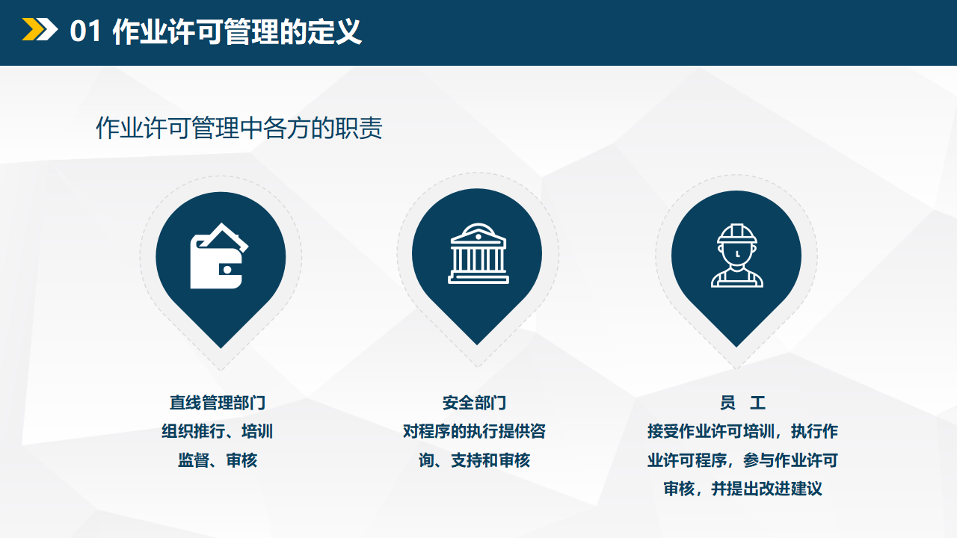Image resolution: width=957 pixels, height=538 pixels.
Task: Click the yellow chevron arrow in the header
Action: [30, 29]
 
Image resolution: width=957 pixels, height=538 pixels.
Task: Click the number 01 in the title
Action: [85, 31]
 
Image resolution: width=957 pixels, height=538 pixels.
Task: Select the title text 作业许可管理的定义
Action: [237, 31]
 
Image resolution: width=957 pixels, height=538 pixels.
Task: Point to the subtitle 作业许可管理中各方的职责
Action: [239, 128]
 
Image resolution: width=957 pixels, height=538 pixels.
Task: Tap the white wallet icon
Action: [219, 256]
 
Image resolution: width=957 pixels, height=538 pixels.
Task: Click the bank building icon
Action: [478, 253]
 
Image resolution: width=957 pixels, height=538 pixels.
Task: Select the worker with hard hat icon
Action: [737, 256]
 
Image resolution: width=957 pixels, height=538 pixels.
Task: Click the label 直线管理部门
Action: [218, 403]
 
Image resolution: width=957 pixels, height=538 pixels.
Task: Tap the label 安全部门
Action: [474, 403]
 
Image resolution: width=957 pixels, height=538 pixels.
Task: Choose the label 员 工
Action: [742, 403]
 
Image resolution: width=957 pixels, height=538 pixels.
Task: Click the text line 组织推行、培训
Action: [217, 431]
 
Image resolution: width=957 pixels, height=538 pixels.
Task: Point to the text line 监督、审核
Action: [218, 460]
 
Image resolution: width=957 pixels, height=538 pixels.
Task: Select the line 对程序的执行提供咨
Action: [474, 431]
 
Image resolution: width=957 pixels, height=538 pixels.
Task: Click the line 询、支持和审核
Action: [474, 460]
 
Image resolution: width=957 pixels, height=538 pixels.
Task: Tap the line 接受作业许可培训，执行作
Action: [742, 431]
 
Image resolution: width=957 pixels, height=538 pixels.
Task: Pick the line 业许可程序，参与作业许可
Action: [742, 460]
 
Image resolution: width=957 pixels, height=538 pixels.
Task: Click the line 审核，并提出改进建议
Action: [742, 489]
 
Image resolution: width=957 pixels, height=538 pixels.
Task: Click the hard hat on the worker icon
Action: [737, 234]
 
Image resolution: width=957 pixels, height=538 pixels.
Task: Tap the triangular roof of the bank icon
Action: [478, 231]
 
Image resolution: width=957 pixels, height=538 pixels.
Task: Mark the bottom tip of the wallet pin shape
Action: [221, 348]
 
